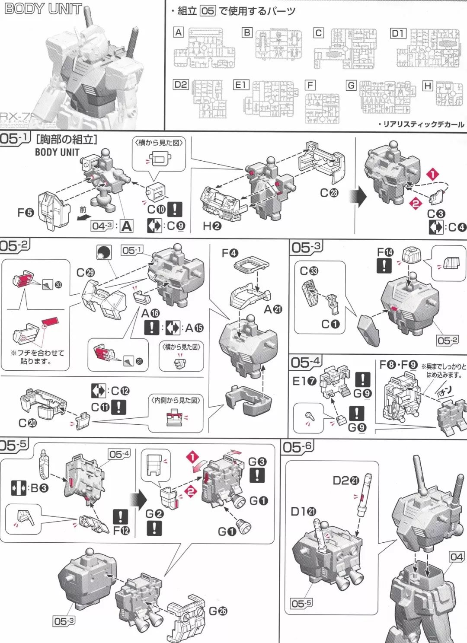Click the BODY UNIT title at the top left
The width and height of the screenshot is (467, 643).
click(42, 9)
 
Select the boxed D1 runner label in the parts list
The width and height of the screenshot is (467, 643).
click(398, 33)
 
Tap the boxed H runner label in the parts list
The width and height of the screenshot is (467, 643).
click(427, 86)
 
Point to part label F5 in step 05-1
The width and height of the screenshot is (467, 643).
click(26, 212)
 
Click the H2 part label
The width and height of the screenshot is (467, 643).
click(212, 226)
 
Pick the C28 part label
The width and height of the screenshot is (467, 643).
click(329, 193)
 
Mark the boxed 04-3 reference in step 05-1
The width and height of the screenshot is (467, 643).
click(102, 226)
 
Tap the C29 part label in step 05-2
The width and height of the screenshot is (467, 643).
click(85, 273)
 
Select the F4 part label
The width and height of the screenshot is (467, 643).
click(230, 253)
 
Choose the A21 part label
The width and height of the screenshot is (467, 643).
click(273, 309)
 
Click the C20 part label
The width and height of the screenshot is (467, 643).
click(27, 423)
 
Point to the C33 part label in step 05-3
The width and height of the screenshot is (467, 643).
click(309, 271)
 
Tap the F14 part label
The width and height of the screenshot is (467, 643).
click(385, 252)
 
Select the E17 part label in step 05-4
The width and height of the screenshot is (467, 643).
click(304, 381)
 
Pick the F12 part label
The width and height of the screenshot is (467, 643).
click(121, 530)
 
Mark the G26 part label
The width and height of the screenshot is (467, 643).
click(218, 611)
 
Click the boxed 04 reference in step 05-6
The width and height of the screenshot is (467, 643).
click(456, 557)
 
